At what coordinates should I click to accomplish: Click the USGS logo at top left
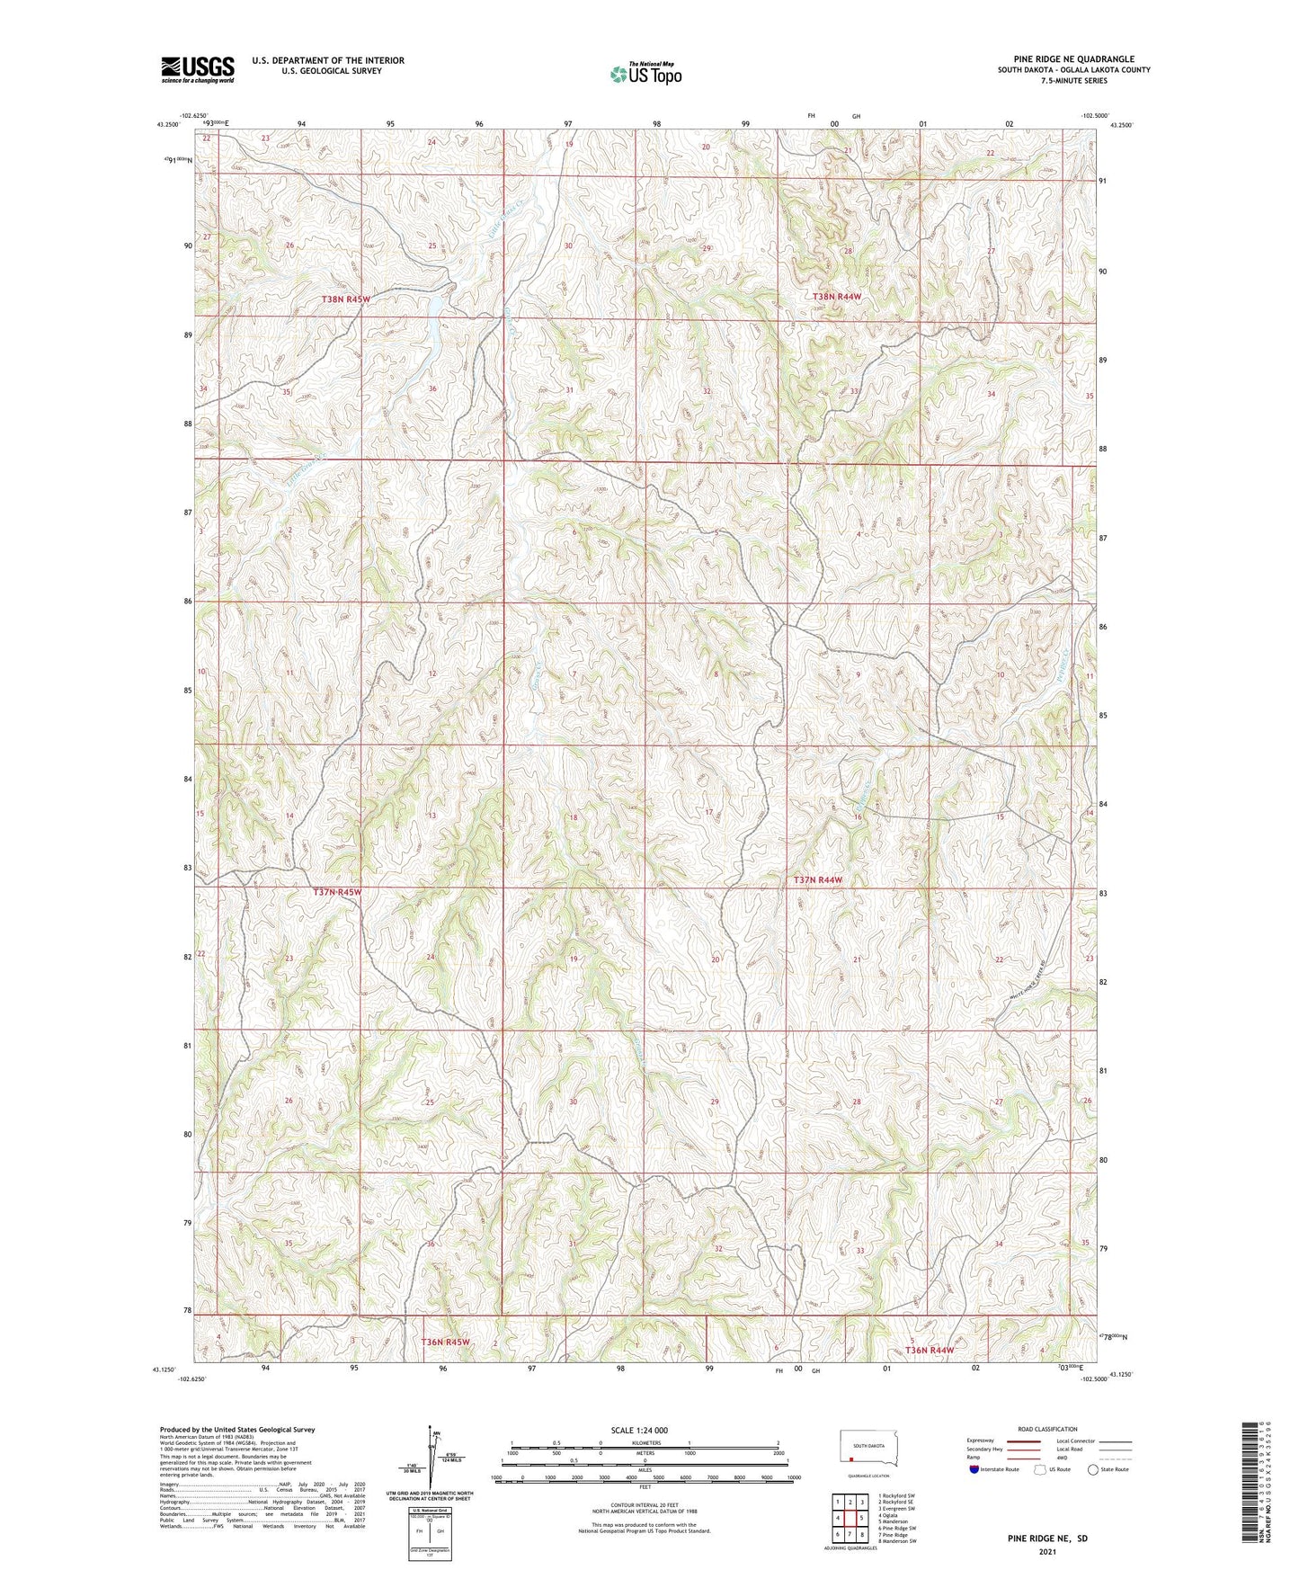[x=197, y=69]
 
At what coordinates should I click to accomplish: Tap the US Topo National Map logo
[x=645, y=74]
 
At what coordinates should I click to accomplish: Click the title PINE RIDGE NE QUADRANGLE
[x=1073, y=58]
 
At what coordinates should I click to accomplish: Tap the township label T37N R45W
[x=337, y=892]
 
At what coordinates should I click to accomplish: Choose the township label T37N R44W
[x=818, y=879]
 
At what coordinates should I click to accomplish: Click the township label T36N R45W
[x=445, y=1342]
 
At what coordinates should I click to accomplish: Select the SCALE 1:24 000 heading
[x=639, y=1430]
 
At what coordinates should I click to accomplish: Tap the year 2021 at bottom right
[x=1046, y=1552]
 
